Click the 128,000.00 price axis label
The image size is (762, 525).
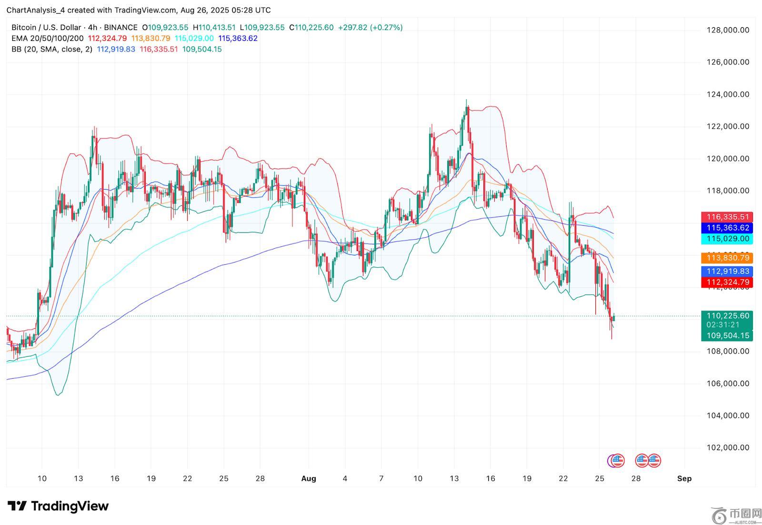tap(728, 30)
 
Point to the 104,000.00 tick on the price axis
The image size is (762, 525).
tap(728, 415)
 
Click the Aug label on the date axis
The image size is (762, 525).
tap(309, 479)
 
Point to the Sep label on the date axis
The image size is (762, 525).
tap(684, 479)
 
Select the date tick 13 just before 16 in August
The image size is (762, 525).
tap(454, 479)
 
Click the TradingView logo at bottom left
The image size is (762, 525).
tap(58, 506)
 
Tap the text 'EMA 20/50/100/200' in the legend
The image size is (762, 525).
tap(48, 39)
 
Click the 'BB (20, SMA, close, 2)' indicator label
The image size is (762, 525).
tap(52, 50)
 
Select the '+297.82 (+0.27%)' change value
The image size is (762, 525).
tap(370, 28)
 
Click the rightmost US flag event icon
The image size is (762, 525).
tap(654, 461)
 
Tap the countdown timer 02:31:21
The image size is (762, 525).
tap(723, 325)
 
